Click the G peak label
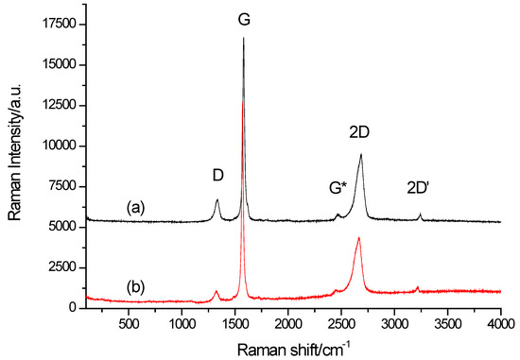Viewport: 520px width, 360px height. click(x=244, y=18)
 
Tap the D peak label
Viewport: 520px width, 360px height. click(x=217, y=175)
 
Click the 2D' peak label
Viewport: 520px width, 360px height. click(x=419, y=187)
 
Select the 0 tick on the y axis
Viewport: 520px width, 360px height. click(x=74, y=308)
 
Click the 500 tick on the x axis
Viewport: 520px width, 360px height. click(x=128, y=324)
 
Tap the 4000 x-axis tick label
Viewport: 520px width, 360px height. click(x=500, y=324)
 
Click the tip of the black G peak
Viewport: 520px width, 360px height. click(x=244, y=38)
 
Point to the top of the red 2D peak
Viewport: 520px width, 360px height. click(x=359, y=238)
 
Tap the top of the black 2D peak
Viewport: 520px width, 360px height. click(x=361, y=155)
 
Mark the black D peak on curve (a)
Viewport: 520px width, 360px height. click(x=217, y=200)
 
